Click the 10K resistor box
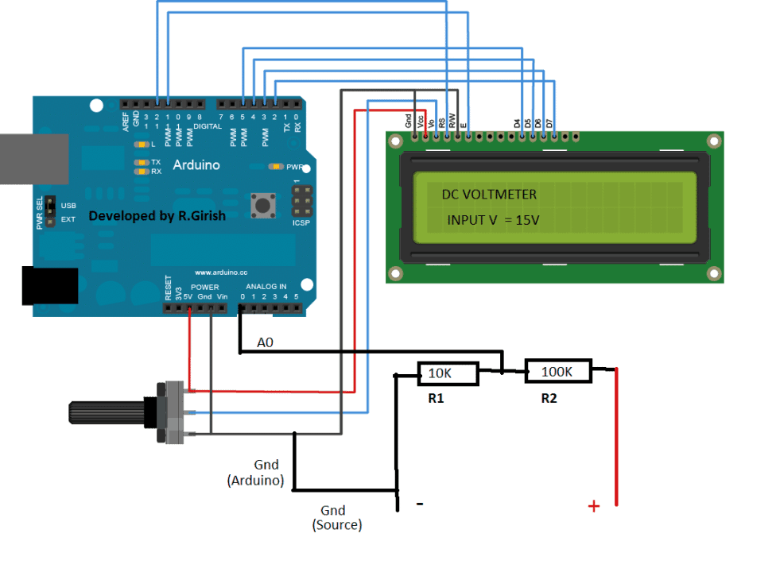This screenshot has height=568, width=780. [448, 373]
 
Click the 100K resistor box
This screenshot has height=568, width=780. [558, 371]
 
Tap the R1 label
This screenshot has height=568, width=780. [436, 399]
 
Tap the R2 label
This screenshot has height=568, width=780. [549, 399]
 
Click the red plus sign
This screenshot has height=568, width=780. [593, 506]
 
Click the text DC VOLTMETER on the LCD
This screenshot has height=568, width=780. [489, 195]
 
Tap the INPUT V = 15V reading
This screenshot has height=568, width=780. [493, 219]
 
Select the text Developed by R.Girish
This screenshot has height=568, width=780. [157, 216]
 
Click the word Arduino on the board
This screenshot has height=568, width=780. [196, 165]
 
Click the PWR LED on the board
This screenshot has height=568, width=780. [276, 167]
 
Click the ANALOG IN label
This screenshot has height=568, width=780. [266, 286]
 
